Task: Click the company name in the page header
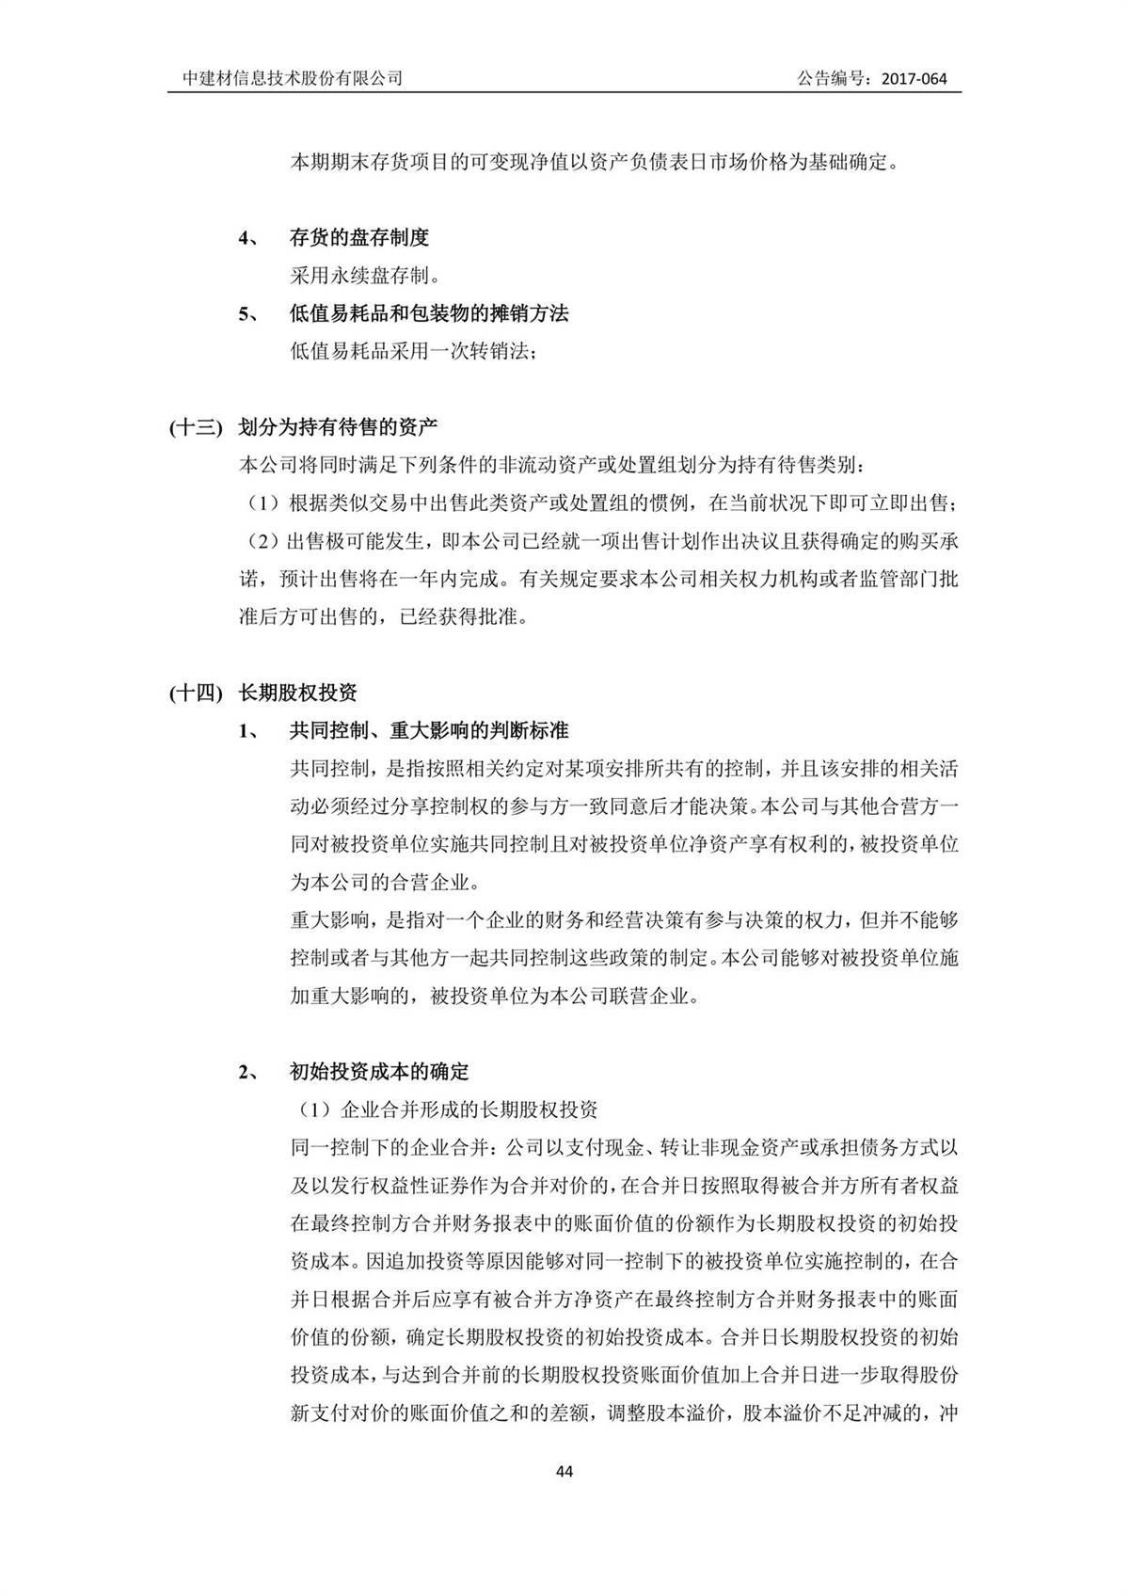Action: [293, 79]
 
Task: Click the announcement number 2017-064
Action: [914, 79]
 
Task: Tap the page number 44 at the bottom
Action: [564, 1472]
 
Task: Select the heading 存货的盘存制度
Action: [359, 238]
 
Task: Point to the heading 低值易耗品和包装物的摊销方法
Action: [429, 314]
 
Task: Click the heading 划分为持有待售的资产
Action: [338, 427]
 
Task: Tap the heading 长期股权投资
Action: [298, 694]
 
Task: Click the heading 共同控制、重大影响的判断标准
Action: [429, 731]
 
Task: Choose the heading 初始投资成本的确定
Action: [379, 1072]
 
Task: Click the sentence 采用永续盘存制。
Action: [365, 276]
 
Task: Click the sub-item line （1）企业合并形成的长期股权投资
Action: [444, 1109]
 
